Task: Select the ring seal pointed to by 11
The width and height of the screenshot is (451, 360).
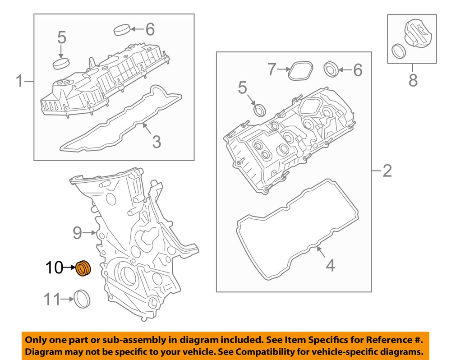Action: (82, 300)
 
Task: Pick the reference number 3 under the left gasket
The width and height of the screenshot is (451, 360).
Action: (156, 142)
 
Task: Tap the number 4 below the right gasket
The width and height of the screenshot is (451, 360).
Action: (331, 265)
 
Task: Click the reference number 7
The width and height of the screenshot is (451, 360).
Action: (271, 69)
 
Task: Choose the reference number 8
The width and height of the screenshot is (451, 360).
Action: (413, 81)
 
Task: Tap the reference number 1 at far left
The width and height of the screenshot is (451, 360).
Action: (19, 82)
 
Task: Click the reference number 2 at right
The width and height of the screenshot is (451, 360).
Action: (387, 171)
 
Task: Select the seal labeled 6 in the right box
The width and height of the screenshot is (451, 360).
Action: (331, 70)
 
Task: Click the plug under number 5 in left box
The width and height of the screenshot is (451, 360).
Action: (61, 63)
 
